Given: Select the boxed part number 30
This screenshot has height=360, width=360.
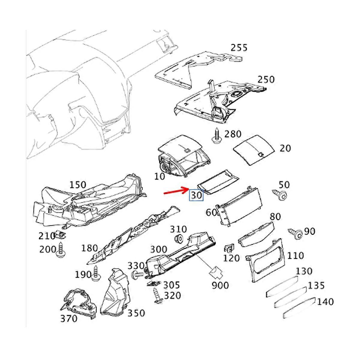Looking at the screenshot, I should tap(196, 195).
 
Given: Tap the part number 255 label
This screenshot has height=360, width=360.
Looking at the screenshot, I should tap(239, 48).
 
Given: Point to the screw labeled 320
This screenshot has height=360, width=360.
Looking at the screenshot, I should tap(157, 295).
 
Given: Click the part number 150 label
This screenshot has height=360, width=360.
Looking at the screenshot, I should tap(78, 185).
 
